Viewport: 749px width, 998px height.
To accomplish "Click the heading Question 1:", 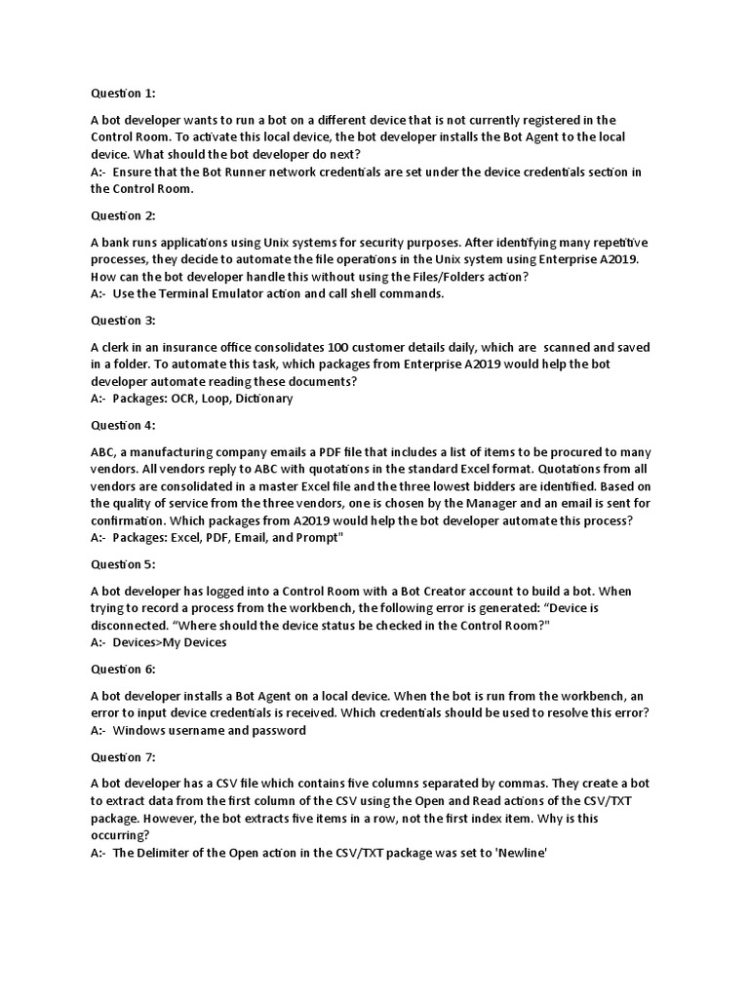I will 123,94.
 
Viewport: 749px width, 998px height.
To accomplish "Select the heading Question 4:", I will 123,425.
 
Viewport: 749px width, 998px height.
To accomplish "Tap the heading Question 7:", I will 123,757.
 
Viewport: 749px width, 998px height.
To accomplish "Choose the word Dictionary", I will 262,399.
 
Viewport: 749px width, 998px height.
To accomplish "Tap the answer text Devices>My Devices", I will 170,642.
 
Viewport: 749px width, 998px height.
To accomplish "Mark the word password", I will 278,730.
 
